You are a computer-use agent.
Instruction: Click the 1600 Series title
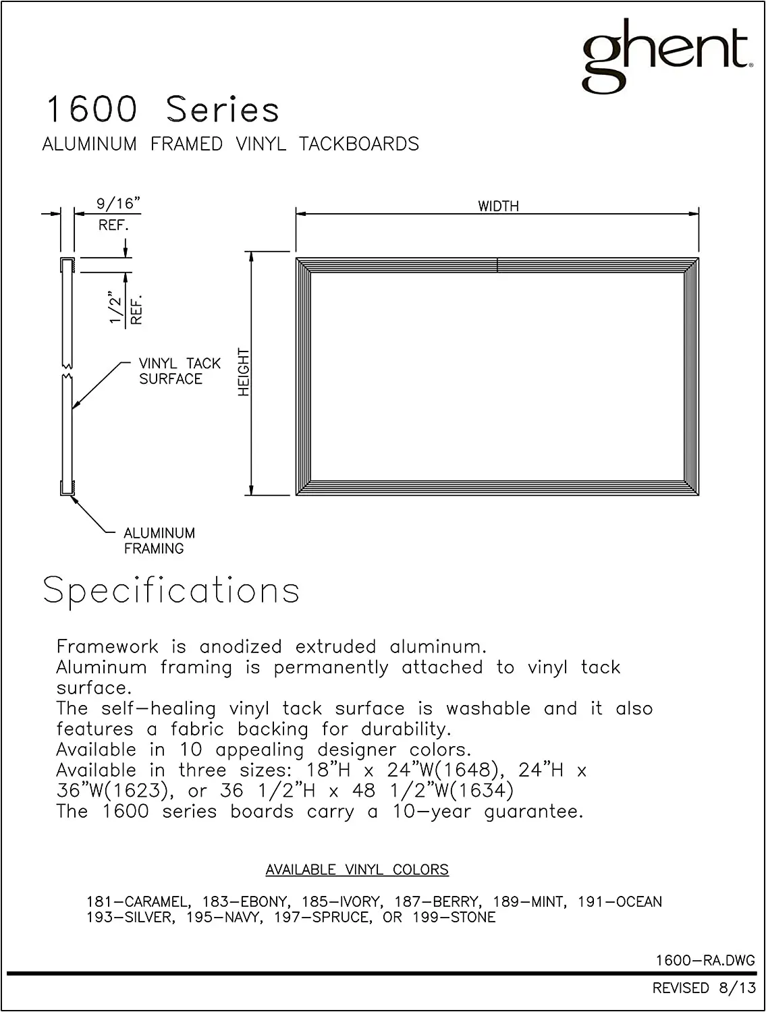162,109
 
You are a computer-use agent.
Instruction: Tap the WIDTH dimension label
498,206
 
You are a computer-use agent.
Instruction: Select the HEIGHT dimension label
244,372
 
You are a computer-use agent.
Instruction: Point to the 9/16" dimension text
117,204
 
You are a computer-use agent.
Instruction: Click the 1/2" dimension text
116,310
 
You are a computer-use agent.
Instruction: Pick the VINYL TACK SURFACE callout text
179,371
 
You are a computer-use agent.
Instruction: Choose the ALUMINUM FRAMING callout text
159,540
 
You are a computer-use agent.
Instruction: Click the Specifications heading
171,590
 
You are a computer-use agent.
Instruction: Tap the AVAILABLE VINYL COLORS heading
357,870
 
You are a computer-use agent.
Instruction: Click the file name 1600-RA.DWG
705,960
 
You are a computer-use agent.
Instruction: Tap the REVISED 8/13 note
704,988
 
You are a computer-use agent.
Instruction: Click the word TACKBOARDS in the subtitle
359,144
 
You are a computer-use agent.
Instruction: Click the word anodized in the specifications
240,646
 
